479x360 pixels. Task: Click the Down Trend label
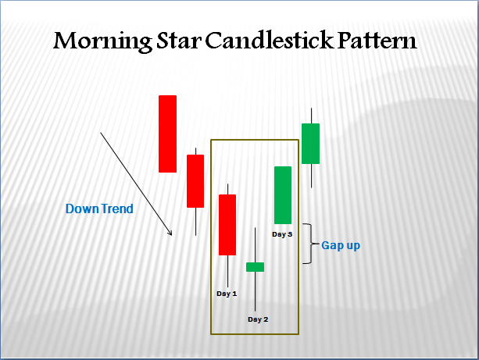(x=99, y=209)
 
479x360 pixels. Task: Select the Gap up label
(x=341, y=245)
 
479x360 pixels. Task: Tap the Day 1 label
(x=227, y=293)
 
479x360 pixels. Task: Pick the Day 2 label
(x=258, y=319)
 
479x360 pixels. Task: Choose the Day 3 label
(x=282, y=233)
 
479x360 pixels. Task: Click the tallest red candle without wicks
(x=167, y=133)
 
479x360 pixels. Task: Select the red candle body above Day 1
(x=227, y=224)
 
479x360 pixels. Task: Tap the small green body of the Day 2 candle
(x=256, y=267)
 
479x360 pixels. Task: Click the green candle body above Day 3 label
(x=282, y=194)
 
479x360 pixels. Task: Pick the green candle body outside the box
(x=311, y=143)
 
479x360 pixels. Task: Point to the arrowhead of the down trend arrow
(x=170, y=232)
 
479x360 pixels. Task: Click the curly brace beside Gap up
(x=309, y=244)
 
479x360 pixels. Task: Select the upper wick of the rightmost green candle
(x=311, y=116)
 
